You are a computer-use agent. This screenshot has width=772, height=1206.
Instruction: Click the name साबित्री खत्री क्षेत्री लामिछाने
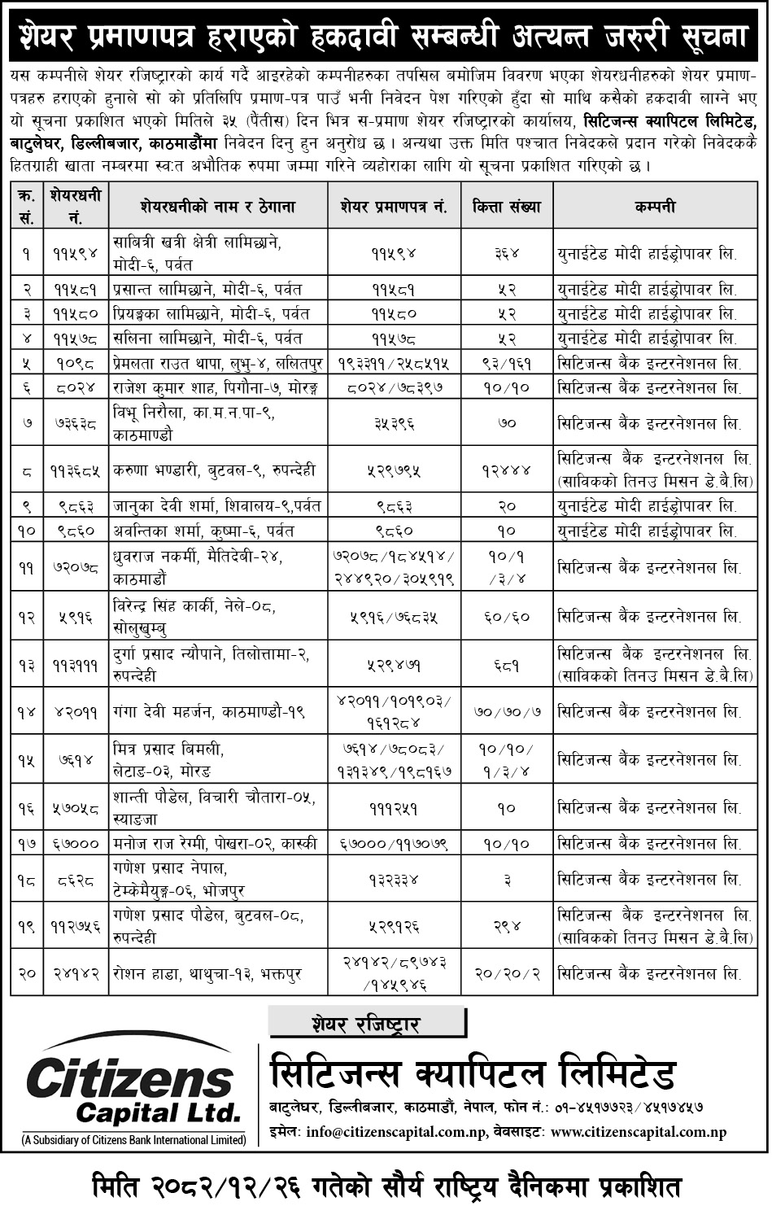198,243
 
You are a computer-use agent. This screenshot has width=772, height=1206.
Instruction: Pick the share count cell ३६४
507,252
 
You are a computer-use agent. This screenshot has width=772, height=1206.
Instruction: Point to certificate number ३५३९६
394,422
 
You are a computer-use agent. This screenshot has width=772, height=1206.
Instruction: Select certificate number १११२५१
394,808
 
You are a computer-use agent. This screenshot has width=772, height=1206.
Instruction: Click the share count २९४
507,926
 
